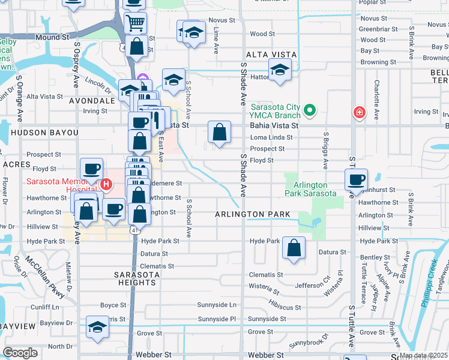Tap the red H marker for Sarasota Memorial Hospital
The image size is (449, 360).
click(x=106, y=184)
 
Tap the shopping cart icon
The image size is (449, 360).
click(x=136, y=23)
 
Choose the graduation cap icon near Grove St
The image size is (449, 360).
click(x=97, y=327)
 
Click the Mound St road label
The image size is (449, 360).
click(x=52, y=37)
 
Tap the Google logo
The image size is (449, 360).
click(x=20, y=353)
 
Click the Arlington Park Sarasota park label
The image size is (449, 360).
click(x=312, y=189)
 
